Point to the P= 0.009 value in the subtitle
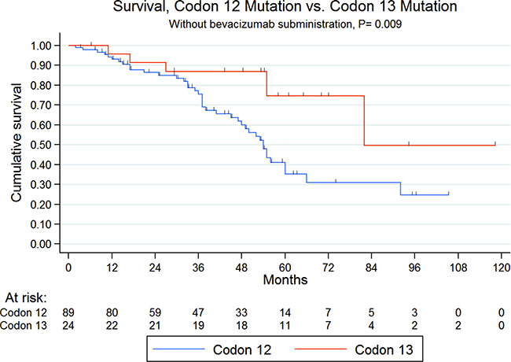380,24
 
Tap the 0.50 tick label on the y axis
41,145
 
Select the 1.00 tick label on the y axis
41,46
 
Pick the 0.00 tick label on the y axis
41,244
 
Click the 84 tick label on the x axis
371,268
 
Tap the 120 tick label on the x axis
502,268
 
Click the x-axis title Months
285,280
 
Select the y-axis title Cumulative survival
17,142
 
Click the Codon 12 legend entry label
242,349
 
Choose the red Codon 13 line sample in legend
320,349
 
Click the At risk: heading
26,297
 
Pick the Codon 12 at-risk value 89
68,312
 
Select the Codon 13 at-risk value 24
68,326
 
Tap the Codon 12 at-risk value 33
241,312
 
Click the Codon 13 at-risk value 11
285,326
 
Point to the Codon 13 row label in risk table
24,326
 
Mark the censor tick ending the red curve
495,143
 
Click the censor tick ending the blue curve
448,193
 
